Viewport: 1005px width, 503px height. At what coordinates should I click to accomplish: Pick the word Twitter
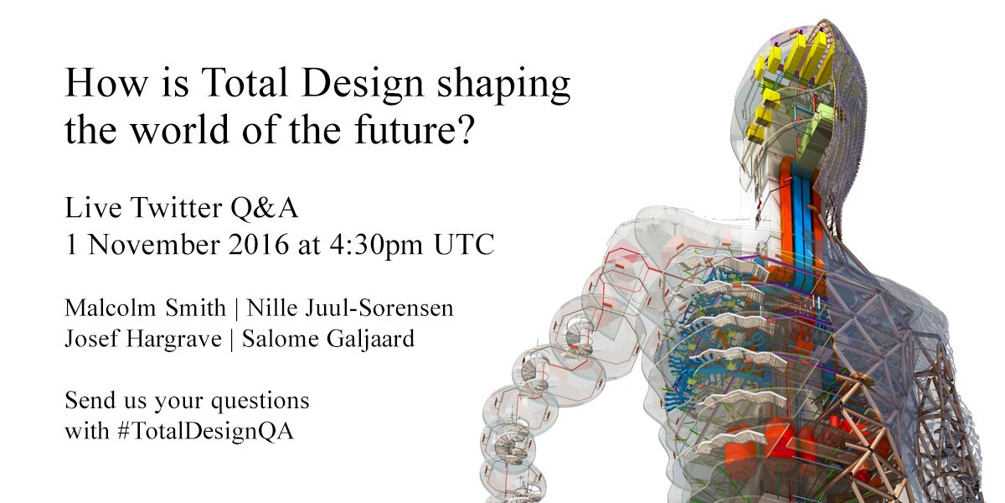(173, 206)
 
